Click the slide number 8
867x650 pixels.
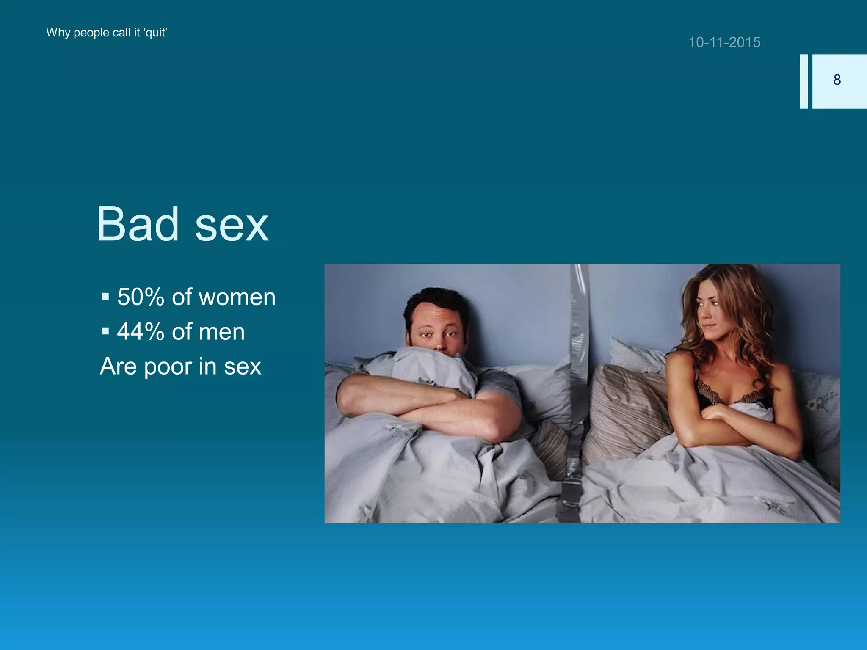point(837,80)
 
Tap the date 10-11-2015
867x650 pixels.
point(724,42)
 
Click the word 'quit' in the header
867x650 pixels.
point(156,33)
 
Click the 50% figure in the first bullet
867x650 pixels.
point(141,297)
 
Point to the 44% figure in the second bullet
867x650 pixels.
point(141,331)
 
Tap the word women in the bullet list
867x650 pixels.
point(237,297)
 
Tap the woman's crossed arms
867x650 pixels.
point(737,423)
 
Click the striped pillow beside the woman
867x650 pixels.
point(627,406)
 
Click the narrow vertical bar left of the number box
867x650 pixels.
point(803,81)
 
